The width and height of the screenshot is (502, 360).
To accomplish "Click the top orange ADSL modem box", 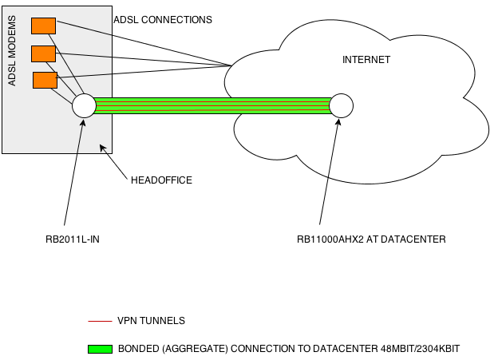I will (x=43, y=26).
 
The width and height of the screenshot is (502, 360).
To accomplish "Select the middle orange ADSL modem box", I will (x=43, y=53).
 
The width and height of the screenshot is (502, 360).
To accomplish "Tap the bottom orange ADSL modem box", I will (x=45, y=80).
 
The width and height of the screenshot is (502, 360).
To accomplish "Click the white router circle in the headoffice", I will (x=84, y=105).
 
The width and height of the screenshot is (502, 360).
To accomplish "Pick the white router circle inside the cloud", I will (x=341, y=105).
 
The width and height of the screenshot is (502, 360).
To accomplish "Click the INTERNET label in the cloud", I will (x=366, y=60).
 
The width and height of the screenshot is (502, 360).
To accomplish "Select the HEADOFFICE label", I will (x=162, y=180).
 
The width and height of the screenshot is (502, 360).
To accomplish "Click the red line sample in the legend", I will (x=99, y=321).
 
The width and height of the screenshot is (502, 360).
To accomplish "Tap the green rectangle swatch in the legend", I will (x=99, y=349).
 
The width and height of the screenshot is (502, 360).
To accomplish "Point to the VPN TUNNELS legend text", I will (x=151, y=321).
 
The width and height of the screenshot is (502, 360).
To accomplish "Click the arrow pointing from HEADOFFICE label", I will (x=114, y=162).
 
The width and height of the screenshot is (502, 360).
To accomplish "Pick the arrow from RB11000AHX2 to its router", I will (x=329, y=172).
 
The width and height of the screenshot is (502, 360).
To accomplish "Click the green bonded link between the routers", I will (x=211, y=105).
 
